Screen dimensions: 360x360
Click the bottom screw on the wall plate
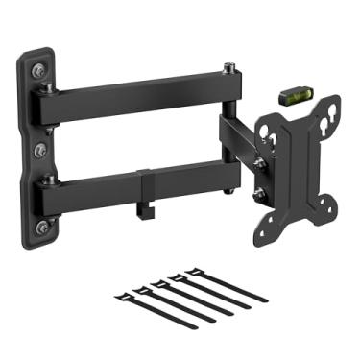click(x=39, y=228)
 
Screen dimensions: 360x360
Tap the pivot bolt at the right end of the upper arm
click(x=230, y=68)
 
